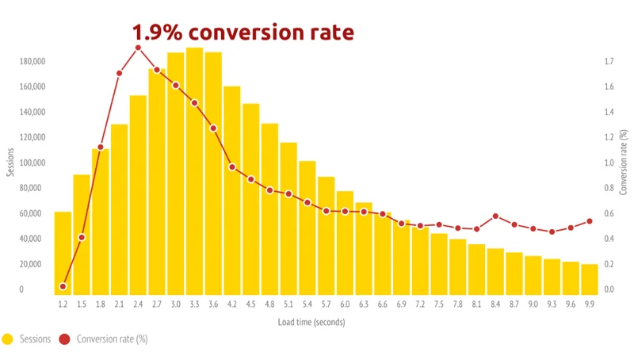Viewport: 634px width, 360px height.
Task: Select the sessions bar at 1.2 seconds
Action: [63, 254]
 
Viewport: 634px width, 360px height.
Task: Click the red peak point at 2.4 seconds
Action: [138, 48]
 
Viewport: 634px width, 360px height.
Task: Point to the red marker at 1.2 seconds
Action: [63, 286]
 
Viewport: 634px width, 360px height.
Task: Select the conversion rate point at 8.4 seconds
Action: [495, 216]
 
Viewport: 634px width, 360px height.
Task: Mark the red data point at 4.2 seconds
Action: [232, 167]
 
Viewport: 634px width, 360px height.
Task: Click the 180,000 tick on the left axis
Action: [32, 61]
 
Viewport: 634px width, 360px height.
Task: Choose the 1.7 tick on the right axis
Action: [609, 61]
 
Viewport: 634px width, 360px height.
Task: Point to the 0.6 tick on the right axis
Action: [609, 213]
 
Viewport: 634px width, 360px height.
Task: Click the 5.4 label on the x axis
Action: [307, 304]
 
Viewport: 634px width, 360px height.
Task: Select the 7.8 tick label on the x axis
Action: [458, 304]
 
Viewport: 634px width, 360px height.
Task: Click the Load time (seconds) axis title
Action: [311, 322]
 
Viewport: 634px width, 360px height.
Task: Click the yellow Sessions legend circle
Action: [8, 339]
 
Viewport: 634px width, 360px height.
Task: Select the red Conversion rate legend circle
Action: [66, 339]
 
